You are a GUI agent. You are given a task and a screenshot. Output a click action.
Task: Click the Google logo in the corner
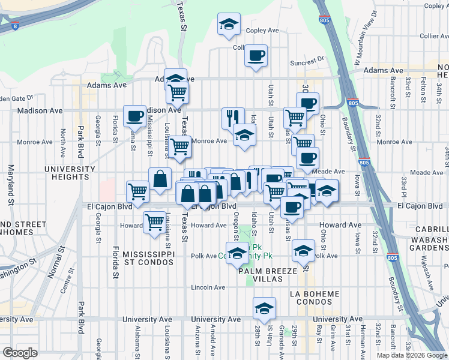[20, 353]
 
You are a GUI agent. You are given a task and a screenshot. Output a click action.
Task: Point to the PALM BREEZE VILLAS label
[268, 275]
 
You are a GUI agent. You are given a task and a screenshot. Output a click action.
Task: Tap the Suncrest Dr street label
[307, 60]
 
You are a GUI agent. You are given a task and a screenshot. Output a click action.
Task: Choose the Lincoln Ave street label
[208, 287]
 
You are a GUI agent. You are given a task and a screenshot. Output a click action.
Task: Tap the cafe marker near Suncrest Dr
[256, 56]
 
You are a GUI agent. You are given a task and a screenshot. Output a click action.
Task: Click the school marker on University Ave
[264, 309]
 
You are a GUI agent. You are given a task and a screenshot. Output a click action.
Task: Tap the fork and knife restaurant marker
[232, 118]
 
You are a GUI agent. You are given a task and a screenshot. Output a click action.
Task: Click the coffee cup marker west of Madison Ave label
[134, 115]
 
